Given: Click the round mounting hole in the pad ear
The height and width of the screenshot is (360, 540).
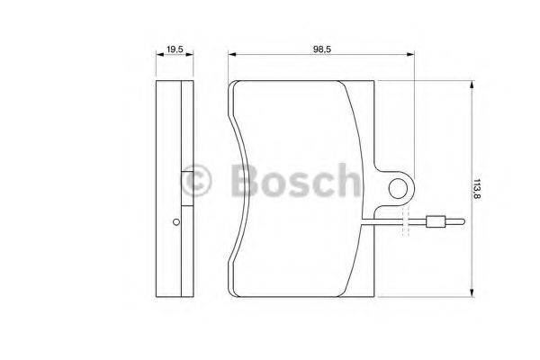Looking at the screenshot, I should click(398, 188).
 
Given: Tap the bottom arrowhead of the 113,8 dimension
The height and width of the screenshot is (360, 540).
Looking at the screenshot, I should click(471, 292).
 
